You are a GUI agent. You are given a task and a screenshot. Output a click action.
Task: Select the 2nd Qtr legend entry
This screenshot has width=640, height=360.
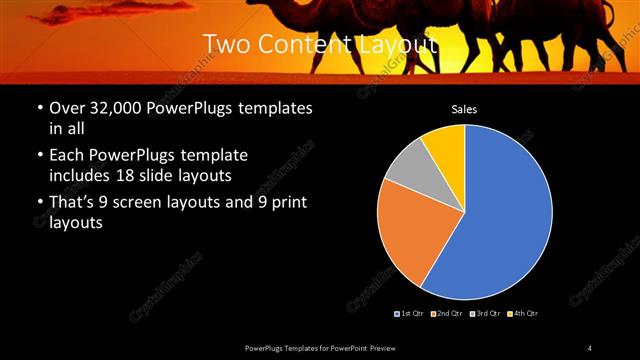(x=449, y=314)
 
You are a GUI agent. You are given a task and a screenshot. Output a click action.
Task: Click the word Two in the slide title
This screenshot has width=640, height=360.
(x=228, y=45)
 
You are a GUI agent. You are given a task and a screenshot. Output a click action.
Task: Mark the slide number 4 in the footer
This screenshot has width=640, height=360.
(x=590, y=347)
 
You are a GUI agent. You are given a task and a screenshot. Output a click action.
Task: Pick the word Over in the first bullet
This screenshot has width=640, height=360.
(x=67, y=108)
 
